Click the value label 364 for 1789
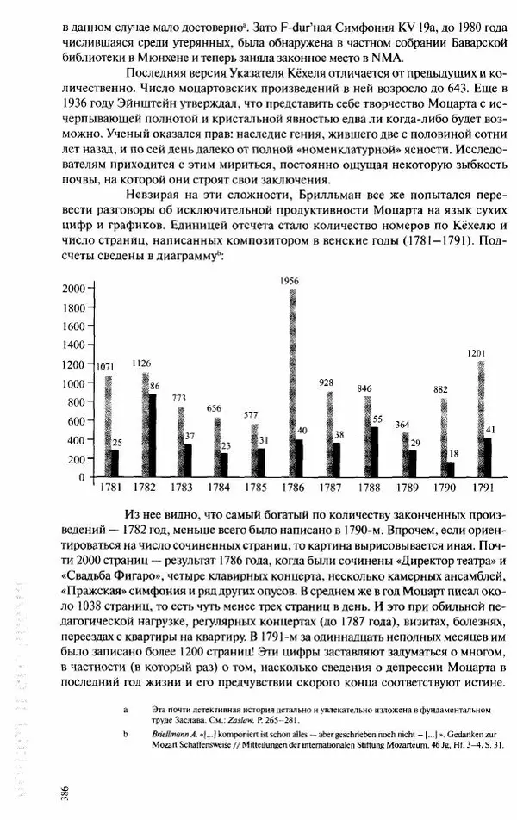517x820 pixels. (402, 425)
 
